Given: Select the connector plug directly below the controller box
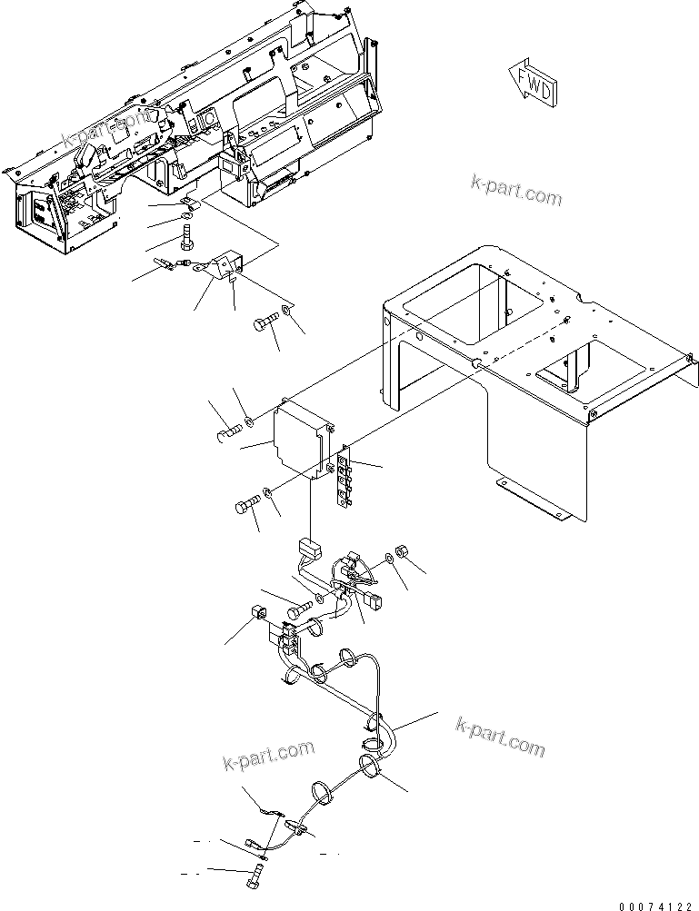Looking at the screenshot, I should (309, 550).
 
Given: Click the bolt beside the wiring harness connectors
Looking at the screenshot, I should (298, 613).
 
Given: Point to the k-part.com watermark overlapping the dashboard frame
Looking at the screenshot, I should (108, 133).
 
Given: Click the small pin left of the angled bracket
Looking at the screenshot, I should (165, 266).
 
